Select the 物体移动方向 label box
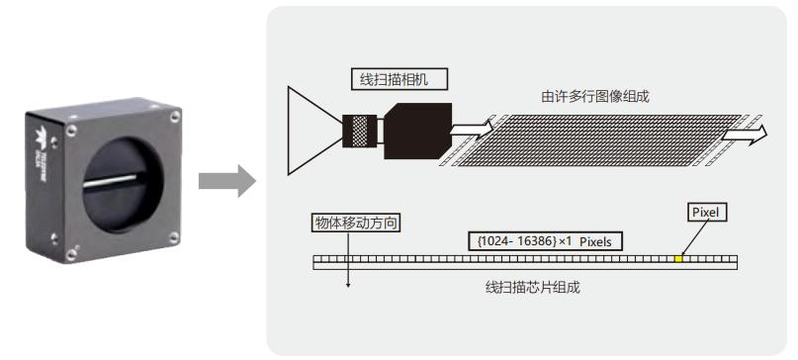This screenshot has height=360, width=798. click(347, 225)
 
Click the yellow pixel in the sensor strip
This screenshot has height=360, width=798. click(678, 260)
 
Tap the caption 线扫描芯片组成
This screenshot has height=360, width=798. click(525, 288)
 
